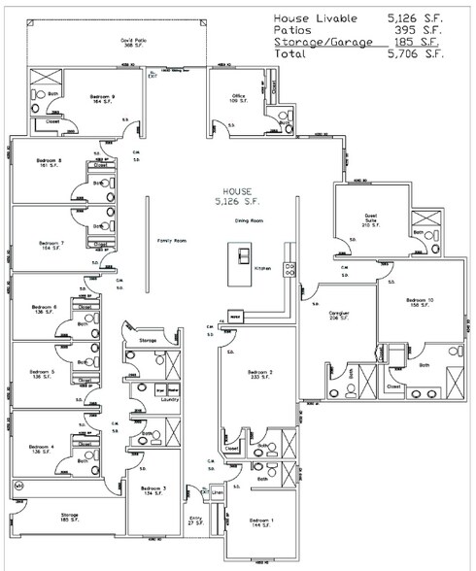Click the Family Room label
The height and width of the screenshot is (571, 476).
coord(172,240)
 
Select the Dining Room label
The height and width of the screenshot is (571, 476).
coord(250,220)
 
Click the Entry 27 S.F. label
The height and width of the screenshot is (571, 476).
coord(195,521)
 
